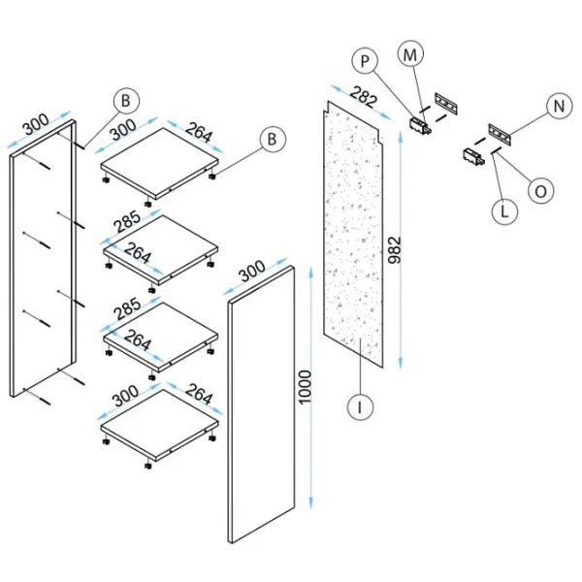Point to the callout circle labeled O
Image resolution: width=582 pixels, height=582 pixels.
[541, 190]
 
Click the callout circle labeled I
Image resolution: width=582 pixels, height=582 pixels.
[360, 408]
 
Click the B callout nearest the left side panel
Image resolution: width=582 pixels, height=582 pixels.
[127, 100]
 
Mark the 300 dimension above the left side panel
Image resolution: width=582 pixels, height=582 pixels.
[35, 126]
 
